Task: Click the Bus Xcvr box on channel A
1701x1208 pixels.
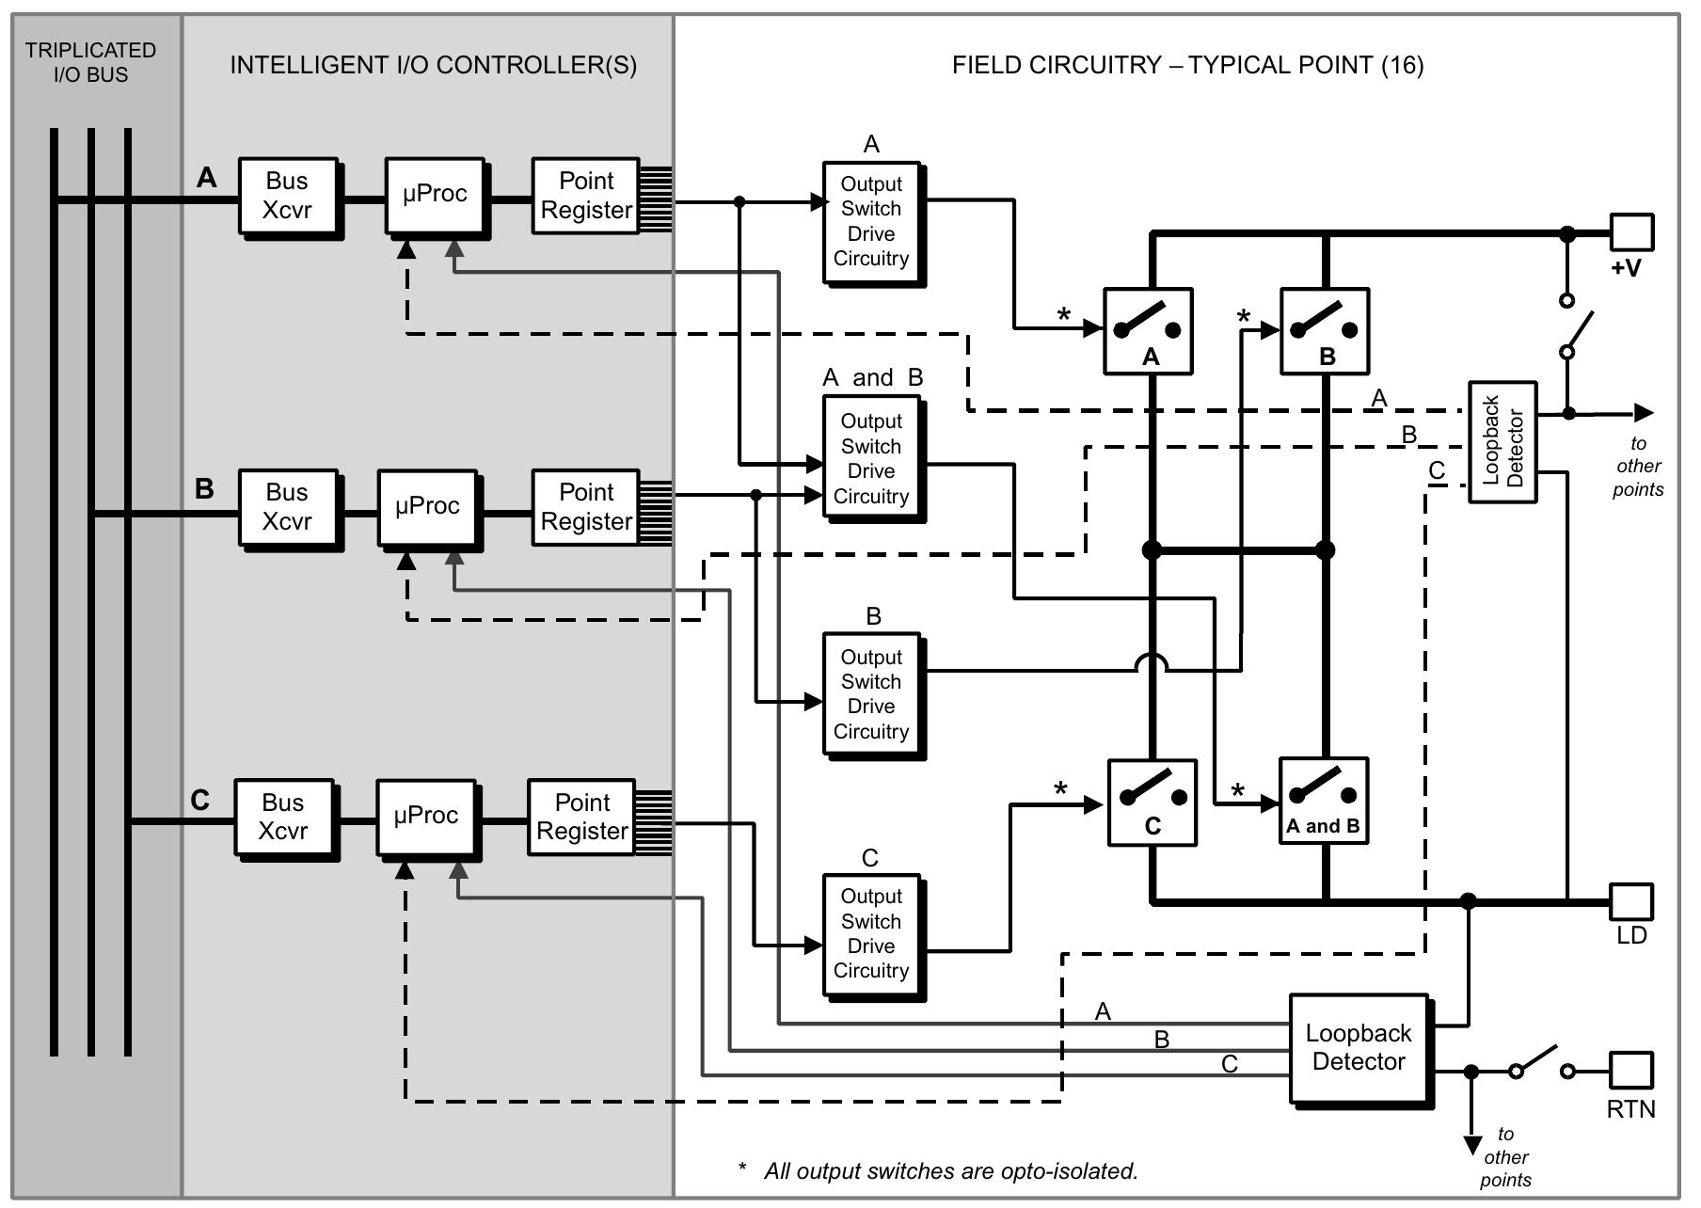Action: pos(287,196)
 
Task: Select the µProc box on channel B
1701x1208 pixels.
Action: pos(427,507)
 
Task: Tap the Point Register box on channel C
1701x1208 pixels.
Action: pos(581,817)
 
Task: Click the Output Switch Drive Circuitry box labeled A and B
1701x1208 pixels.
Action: pos(871,459)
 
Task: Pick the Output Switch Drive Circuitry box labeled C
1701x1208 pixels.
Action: pos(871,933)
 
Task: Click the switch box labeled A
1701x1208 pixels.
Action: pos(1148,331)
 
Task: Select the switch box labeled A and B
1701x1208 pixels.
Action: pos(1323,801)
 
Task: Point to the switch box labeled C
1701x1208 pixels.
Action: pos(1152,803)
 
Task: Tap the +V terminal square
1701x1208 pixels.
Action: pos(1631,232)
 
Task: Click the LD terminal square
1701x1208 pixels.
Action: pos(1631,901)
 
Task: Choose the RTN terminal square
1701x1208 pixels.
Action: pos(1631,1070)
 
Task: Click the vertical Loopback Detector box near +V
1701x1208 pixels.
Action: pos(1502,441)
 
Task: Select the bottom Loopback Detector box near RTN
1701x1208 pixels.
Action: pos(1359,1048)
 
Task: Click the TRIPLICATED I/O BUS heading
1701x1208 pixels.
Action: pos(91,62)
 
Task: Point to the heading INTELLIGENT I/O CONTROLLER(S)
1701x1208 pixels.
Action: pos(433,65)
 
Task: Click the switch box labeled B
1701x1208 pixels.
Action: pos(1325,331)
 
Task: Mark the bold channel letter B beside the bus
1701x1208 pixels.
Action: pos(204,489)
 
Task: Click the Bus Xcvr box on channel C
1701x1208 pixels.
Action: pos(283,817)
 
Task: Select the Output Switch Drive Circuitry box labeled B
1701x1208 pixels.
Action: pos(871,694)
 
